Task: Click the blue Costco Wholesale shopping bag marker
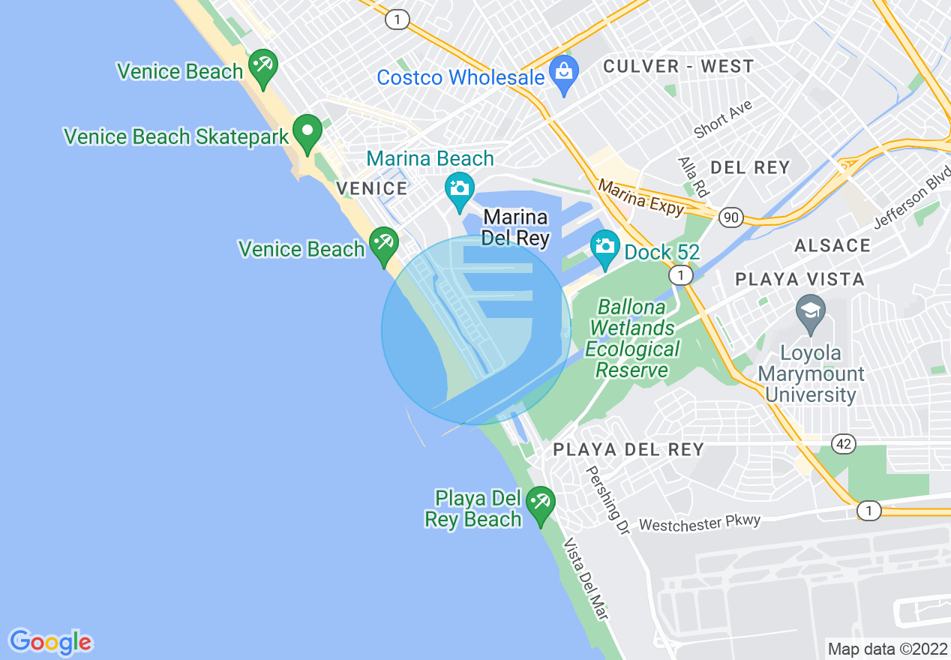click(563, 73)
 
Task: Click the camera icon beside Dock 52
click(604, 246)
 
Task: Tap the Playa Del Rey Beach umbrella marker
click(540, 503)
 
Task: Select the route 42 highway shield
click(844, 444)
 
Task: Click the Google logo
click(50, 642)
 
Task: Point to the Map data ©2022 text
click(886, 649)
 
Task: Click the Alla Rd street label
click(692, 177)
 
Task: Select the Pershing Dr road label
click(607, 498)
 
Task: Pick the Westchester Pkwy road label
click(699, 523)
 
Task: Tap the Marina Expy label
click(641, 196)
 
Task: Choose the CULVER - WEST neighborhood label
click(678, 66)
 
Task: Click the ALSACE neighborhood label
click(832, 245)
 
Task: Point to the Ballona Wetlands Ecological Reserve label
click(632, 339)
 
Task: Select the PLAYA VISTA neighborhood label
click(799, 280)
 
